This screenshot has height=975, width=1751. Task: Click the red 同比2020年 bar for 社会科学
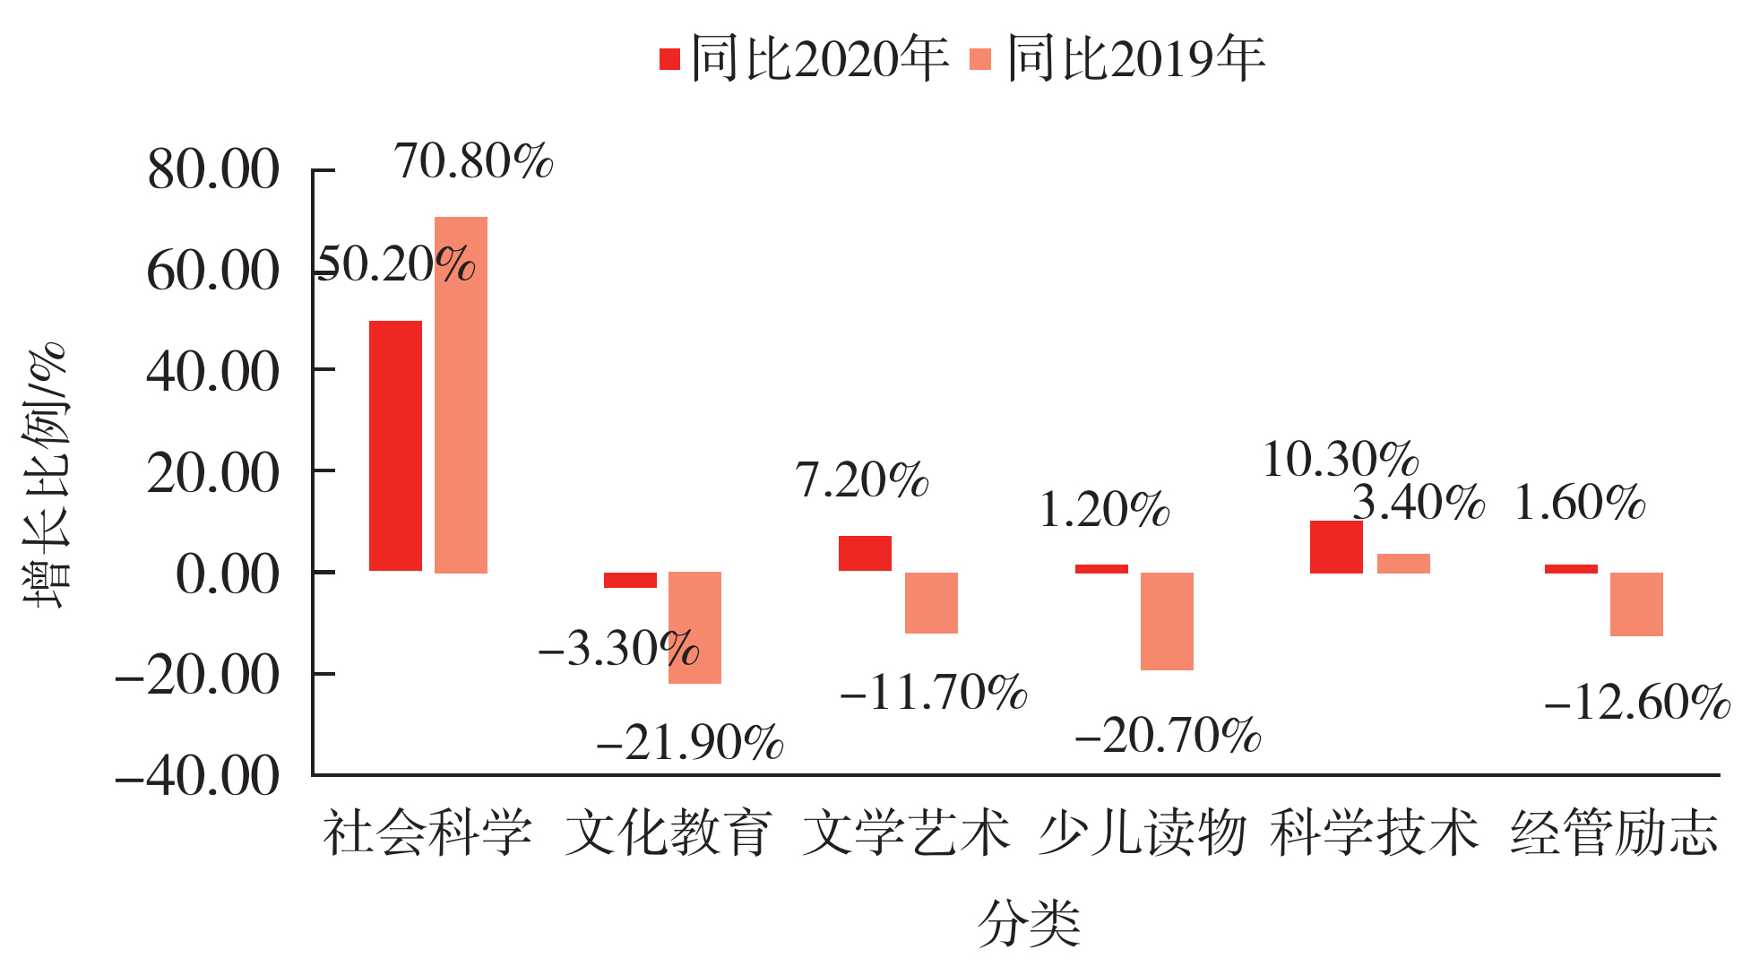tap(395, 445)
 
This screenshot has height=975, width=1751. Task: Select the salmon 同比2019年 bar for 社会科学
tap(461, 394)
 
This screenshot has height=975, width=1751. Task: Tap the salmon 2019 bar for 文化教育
tap(694, 627)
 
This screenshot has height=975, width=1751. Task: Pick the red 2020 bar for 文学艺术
tap(865, 553)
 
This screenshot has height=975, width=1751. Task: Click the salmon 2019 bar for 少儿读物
tap(1167, 621)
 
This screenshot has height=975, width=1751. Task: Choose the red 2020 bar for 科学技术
tap(1336, 547)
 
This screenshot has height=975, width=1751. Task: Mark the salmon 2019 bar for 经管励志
tap(1636, 604)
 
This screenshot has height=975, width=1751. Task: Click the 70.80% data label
tap(474, 162)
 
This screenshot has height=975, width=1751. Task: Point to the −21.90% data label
tap(689, 743)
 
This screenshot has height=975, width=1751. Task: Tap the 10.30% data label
tap(1341, 460)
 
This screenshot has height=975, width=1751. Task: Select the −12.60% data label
tap(1637, 703)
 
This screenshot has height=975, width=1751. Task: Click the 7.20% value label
tap(862, 480)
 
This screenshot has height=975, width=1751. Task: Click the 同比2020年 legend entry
tap(804, 59)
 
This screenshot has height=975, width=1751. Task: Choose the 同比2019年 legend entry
tap(1117, 59)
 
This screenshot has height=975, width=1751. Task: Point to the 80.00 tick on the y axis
tap(213, 169)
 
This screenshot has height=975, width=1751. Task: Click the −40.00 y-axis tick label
tap(197, 776)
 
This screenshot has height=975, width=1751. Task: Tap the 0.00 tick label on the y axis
tap(227, 574)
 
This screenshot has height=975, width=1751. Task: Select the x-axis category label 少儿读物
tap(1143, 833)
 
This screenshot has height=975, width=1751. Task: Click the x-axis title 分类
tap(1029, 923)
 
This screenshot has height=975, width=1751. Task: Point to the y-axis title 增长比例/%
tap(45, 475)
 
